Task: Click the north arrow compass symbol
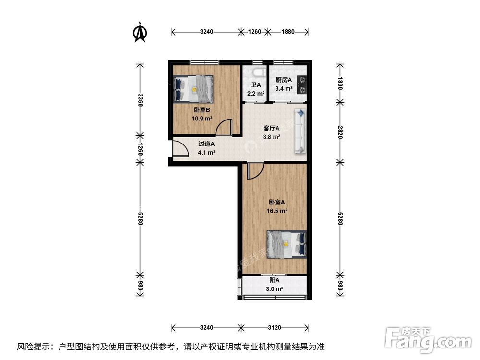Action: pyautogui.click(x=140, y=32)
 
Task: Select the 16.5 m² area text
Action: pyautogui.click(x=277, y=210)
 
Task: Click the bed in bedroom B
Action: pyautogui.click(x=193, y=88)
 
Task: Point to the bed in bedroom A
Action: pyautogui.click(x=286, y=244)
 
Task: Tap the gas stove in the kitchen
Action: pyautogui.click(x=302, y=84)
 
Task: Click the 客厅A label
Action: pyautogui.click(x=272, y=128)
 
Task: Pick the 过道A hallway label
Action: pyautogui.click(x=206, y=144)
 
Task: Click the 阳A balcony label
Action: pyautogui.click(x=274, y=280)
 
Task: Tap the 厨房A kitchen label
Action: pyautogui.click(x=284, y=80)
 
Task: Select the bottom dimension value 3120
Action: pyautogui.click(x=274, y=328)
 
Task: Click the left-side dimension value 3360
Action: pyautogui.click(x=140, y=100)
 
